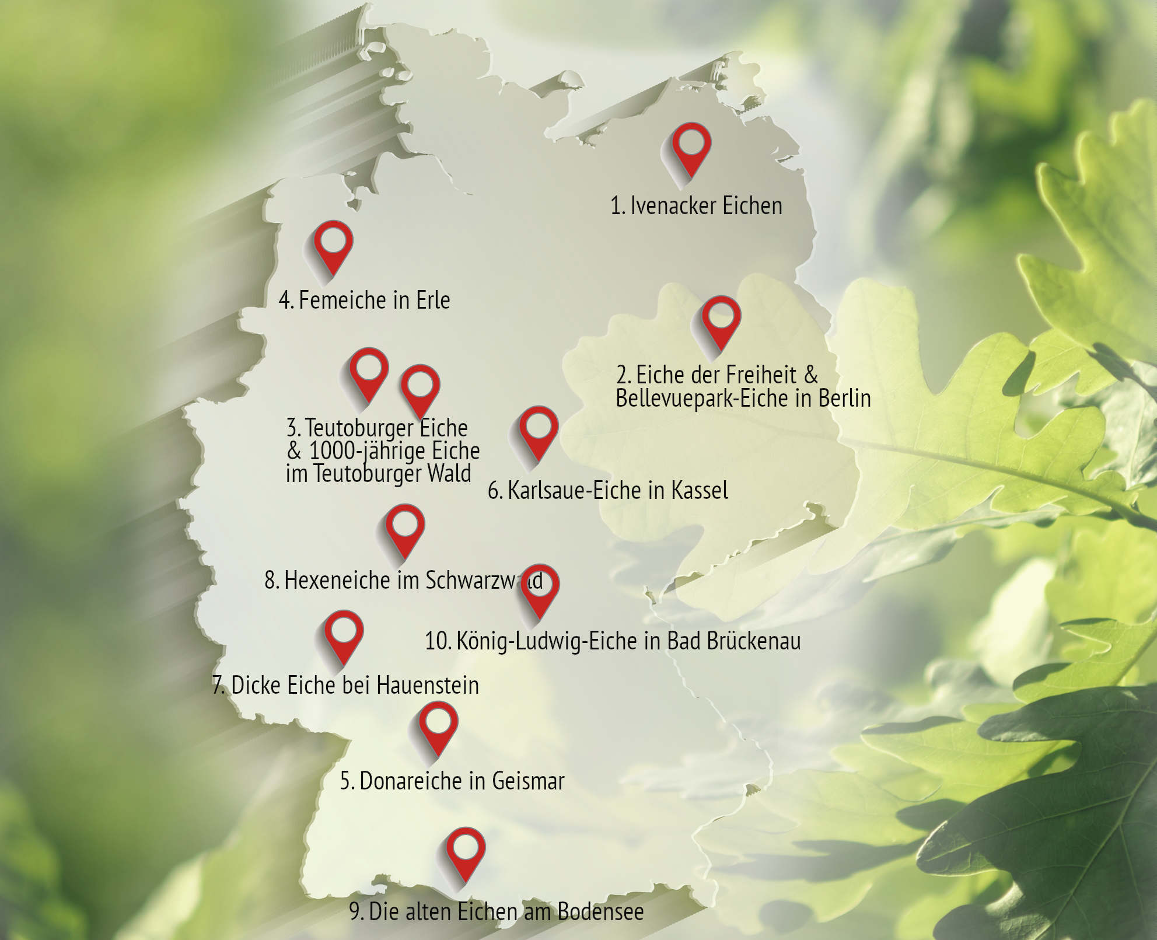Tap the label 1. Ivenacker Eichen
[x=696, y=206]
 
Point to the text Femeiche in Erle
[x=374, y=300]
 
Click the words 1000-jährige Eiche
[x=394, y=451]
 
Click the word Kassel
[x=700, y=491]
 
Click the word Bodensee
[x=600, y=911]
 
